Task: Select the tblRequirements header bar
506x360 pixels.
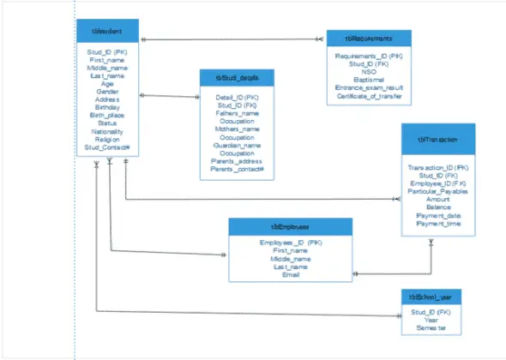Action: coord(369,39)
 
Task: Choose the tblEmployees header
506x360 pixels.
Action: coord(290,226)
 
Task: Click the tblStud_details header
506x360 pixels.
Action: coord(238,79)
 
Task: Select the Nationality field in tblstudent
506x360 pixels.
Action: coord(107,132)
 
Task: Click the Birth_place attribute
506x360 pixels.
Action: coord(107,116)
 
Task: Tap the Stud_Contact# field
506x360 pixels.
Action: coord(107,148)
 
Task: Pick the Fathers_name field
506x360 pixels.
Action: coord(238,113)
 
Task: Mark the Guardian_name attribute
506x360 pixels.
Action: coord(238,146)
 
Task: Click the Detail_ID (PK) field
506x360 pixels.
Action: coord(238,97)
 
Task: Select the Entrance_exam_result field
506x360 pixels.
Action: coord(369,87)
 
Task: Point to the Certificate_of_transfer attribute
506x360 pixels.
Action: coord(369,95)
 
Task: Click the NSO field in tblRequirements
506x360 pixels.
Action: coord(369,71)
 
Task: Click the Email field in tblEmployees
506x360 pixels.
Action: coord(290,274)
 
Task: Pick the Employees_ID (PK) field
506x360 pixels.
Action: coord(290,243)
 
